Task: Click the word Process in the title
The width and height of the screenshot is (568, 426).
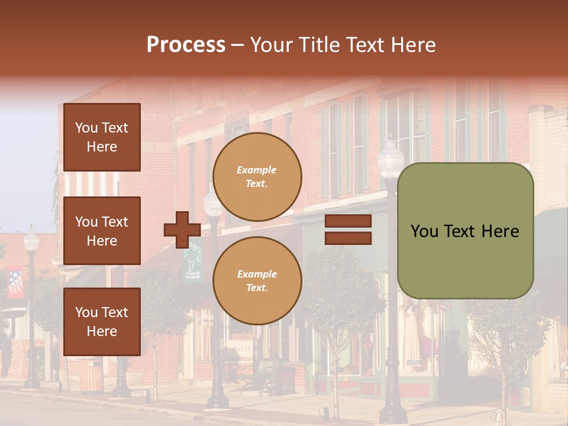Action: [186, 44]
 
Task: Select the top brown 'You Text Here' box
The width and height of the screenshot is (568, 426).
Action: [102, 137]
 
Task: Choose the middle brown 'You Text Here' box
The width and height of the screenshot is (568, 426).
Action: [102, 231]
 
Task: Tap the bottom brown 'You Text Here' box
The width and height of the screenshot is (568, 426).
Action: [102, 321]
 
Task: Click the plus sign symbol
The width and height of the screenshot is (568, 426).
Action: [182, 230]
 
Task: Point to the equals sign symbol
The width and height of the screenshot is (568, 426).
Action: [348, 230]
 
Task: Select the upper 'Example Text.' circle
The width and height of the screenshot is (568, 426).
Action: [257, 176]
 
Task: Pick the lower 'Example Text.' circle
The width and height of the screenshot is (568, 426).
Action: [257, 280]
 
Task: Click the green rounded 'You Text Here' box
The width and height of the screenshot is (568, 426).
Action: [465, 231]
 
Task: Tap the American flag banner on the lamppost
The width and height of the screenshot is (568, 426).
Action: [15, 283]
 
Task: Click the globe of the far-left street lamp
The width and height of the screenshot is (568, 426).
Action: [31, 240]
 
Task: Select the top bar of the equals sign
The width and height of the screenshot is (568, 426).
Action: [348, 221]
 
